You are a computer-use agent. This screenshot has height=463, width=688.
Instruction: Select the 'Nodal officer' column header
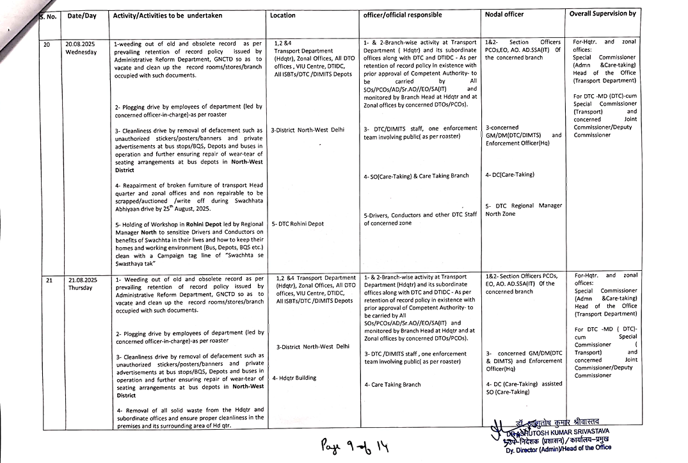coord(504,14)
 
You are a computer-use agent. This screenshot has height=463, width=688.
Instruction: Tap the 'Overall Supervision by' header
coord(602,13)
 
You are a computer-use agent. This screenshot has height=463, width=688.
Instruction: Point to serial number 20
coord(47,44)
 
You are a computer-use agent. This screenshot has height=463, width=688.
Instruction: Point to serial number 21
coord(49,280)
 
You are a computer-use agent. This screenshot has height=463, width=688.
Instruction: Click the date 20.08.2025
coord(81,44)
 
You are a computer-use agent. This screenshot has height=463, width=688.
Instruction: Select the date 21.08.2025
coord(81,280)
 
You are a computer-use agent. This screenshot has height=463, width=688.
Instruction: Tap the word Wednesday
coord(81,52)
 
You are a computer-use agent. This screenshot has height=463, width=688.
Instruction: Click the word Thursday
coord(80,288)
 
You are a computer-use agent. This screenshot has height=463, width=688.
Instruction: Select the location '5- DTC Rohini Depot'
coord(298,224)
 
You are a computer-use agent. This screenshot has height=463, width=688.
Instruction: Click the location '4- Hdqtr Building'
coord(294,378)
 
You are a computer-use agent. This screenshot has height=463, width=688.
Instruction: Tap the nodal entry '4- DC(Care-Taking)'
coord(509,174)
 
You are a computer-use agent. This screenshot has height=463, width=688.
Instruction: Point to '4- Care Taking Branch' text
coord(392,385)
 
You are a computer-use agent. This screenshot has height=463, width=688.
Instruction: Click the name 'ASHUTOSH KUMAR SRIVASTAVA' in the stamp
coord(563,430)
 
